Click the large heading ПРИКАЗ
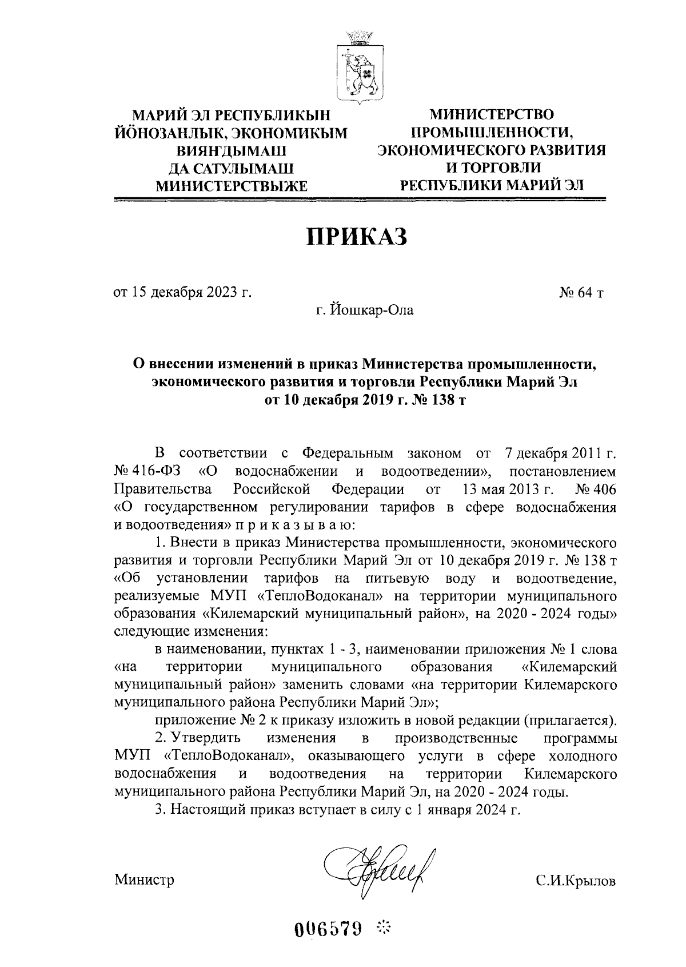pyautogui.click(x=358, y=236)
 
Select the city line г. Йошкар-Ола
pyautogui.click(x=366, y=311)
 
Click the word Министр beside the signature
pyautogui.click(x=144, y=880)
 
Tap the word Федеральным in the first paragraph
pyautogui.click(x=348, y=455)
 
